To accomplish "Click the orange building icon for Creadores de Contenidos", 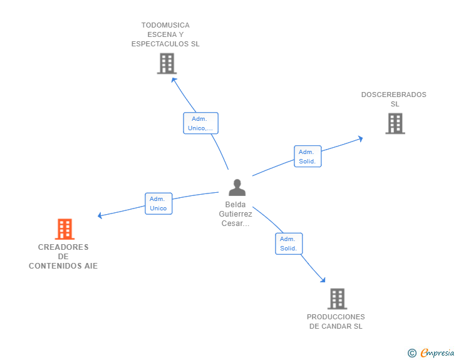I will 65,229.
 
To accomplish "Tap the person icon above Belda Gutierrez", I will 237,187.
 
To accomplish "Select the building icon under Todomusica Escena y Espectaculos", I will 167,64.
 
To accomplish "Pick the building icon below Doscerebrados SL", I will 395,123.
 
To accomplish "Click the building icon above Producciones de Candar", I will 337,299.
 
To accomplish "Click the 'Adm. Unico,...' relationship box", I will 200,123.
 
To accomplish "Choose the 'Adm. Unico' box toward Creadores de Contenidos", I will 158,203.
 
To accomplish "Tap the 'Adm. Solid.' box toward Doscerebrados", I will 308,157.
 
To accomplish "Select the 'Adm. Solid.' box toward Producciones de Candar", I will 289,244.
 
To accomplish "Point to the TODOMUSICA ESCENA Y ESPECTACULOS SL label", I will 165,34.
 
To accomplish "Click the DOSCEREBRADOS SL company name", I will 394,100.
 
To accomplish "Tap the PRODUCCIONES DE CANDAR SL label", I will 336,321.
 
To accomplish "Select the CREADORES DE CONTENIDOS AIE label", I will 63,257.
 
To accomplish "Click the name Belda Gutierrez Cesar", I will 236,214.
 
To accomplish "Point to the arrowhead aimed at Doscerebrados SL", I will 360,138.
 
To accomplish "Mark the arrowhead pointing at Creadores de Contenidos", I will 101,216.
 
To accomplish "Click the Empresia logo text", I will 437,353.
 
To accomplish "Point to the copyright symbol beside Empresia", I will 412,353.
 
